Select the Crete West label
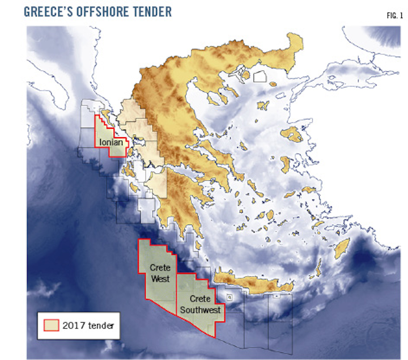pyautogui.click(x=160, y=272)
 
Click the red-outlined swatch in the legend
pyautogui.click(x=51, y=325)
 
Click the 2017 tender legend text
pyautogui.click(x=88, y=325)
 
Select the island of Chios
pyautogui.click(x=287, y=163)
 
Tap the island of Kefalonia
pyautogui.click(x=128, y=169)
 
